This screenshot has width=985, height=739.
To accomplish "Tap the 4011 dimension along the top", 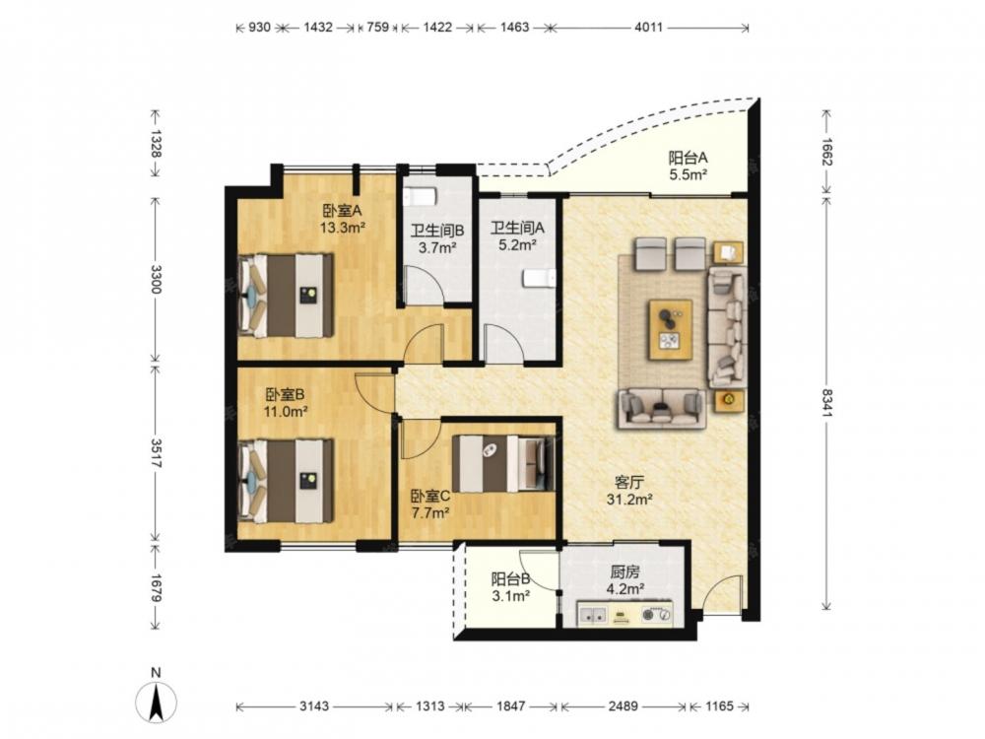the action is coord(648,27).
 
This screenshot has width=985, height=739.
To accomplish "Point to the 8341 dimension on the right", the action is coord(826,403).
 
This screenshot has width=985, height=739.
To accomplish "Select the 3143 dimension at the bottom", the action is coord(314,705).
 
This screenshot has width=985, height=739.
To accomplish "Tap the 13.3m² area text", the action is coord(343,228).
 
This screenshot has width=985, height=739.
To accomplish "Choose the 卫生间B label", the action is coord(437,230).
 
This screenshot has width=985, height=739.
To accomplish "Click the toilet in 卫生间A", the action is coord(539,278).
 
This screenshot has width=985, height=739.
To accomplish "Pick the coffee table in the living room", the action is coord(671,330).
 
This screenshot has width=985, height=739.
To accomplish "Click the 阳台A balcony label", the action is coord(688,157).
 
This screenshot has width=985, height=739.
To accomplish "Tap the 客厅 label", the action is coord(628,483).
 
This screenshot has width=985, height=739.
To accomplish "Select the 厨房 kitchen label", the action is coord(624,571).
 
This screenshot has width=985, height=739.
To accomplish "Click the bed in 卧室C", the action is coord(503,464).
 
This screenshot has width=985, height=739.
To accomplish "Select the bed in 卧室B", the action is coord(286,481).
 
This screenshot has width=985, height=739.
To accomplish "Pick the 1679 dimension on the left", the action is coord(156,587).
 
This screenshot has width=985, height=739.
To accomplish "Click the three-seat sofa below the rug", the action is coord(661,409).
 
